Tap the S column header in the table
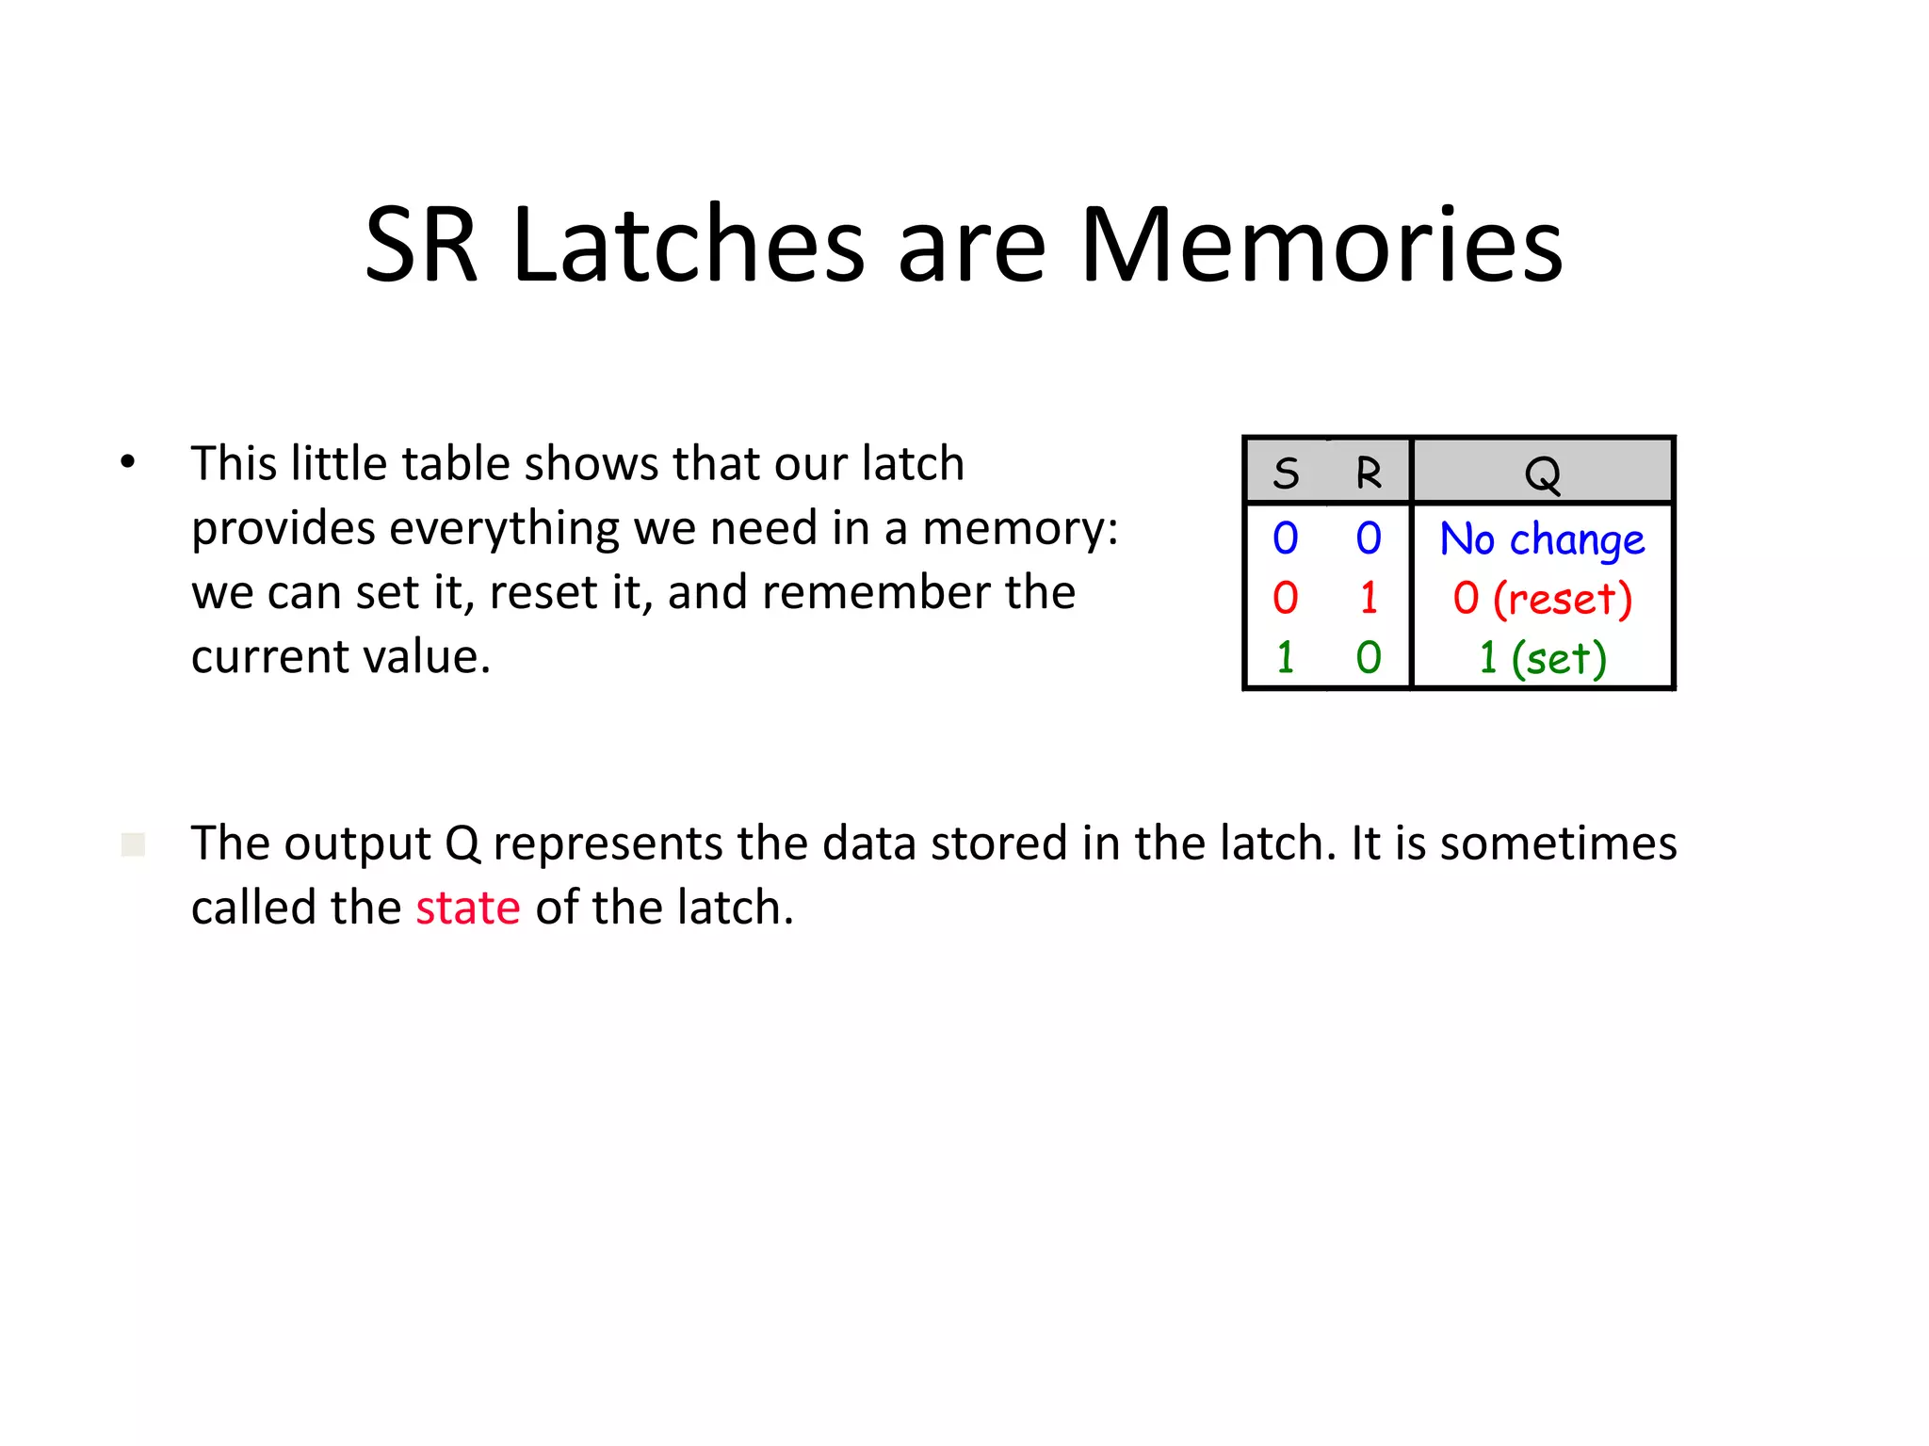tap(1286, 473)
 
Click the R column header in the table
tap(1369, 473)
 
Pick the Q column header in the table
tap(1542, 474)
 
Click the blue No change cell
tap(1542, 539)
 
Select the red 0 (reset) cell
tap(1542, 599)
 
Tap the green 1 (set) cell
tap(1542, 658)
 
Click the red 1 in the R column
tap(1369, 599)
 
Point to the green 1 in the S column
tap(1285, 658)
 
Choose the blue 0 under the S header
tap(1285, 539)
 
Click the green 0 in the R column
tap(1369, 658)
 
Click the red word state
tap(468, 908)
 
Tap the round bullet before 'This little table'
tap(128, 462)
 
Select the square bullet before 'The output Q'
tap(133, 843)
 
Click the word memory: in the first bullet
tap(1020, 529)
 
